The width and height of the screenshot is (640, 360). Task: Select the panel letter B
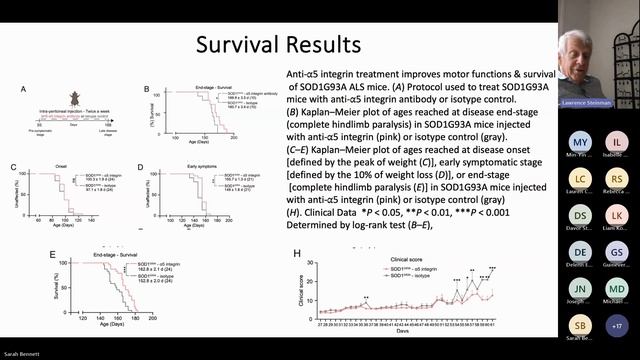point(146,90)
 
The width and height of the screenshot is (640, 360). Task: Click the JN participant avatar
point(579,288)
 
